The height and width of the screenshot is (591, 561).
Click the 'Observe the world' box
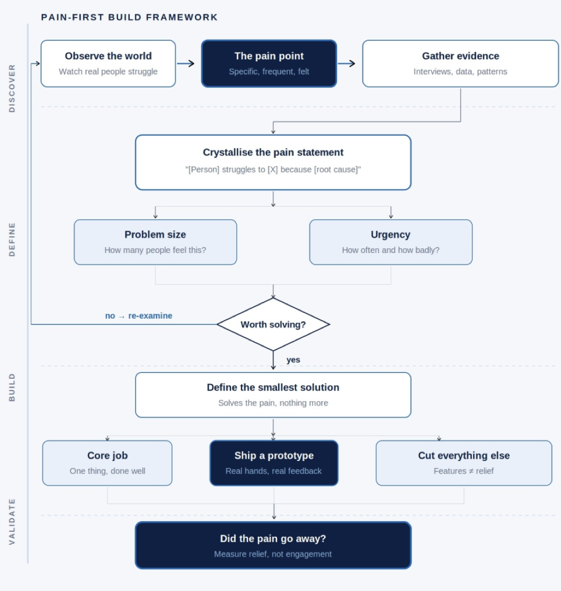coord(108,64)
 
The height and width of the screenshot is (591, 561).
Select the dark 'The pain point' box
coord(269,64)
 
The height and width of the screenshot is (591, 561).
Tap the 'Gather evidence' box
coord(461,64)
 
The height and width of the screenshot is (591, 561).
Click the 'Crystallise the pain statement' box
coord(273,162)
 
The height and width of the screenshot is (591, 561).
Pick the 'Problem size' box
coord(155,242)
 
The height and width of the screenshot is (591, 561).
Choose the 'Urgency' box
coord(390,242)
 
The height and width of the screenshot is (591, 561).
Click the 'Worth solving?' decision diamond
coord(273,324)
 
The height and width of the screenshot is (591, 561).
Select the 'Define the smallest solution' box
coord(273,395)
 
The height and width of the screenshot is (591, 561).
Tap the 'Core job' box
coord(107,463)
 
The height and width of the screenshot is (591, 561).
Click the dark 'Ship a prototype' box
coord(274,463)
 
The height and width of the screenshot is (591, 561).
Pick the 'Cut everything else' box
coord(464,463)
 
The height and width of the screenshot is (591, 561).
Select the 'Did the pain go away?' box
coord(273,545)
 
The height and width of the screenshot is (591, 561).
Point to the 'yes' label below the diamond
coord(293,359)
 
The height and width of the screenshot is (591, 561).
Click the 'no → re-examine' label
coord(139,316)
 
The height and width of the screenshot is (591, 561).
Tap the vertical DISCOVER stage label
coord(12,88)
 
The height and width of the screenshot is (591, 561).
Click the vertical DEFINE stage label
coord(12,239)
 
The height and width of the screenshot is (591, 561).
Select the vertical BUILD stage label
coord(12,387)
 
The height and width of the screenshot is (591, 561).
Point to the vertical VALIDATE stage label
coord(12,521)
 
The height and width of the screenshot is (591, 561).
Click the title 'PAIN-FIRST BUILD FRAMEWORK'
coord(129,17)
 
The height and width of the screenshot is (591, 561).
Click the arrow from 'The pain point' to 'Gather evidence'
coord(346,63)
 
